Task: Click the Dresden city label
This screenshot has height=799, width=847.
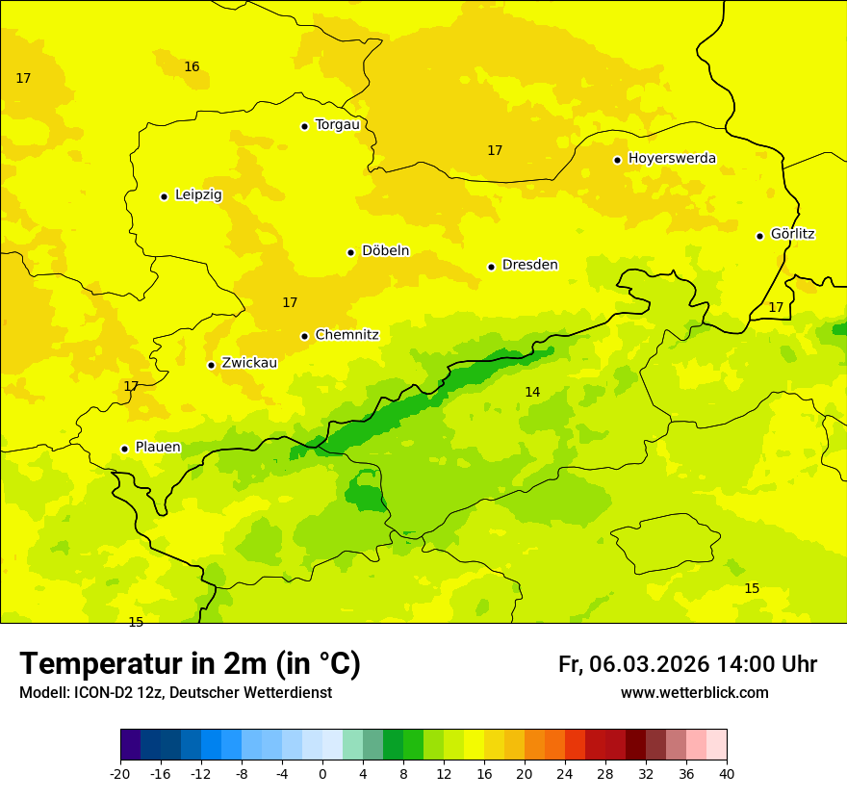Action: point(529,265)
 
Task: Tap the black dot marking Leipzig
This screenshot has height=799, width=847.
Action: point(164,196)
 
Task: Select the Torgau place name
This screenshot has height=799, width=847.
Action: point(337,125)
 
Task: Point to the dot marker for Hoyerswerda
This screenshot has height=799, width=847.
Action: point(617,160)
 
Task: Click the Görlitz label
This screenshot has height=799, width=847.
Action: point(792,234)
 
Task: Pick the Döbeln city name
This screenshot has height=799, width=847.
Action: point(385,251)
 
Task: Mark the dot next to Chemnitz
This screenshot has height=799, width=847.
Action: point(304,336)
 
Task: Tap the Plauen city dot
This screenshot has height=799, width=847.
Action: point(124,449)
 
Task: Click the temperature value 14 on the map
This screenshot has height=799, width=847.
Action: point(532,392)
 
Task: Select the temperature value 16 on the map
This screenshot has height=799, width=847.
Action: point(192,66)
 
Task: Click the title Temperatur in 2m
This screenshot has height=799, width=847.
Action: point(190,664)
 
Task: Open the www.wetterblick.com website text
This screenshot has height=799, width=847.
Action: point(694,693)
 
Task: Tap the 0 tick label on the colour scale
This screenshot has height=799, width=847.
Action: point(322,774)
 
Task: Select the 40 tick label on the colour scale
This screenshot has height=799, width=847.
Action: point(726,774)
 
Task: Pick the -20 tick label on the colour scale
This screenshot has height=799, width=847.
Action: point(120,774)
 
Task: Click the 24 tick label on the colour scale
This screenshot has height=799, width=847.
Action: point(565,774)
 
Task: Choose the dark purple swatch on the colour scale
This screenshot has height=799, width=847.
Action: point(130,745)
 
